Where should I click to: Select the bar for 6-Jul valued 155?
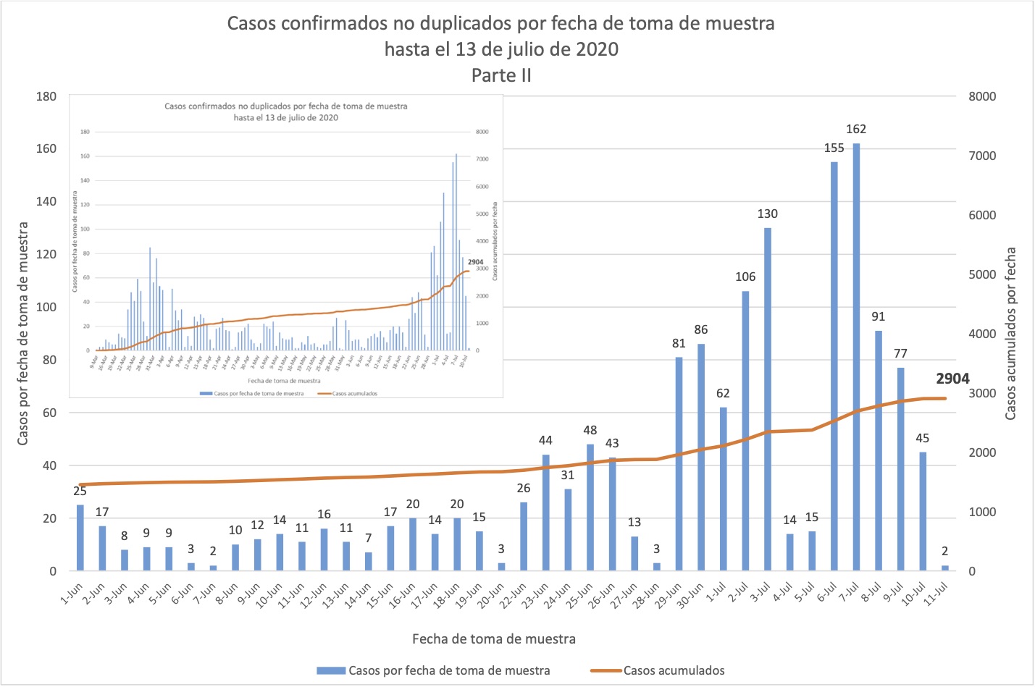tap(834, 366)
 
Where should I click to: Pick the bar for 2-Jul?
tap(745, 431)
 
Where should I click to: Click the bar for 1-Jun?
tap(80, 538)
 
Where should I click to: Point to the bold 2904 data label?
tap(952, 379)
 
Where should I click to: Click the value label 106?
tap(745, 277)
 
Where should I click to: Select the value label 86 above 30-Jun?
tap(701, 329)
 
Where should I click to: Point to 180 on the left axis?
tap(46, 96)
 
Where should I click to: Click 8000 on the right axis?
tap(982, 96)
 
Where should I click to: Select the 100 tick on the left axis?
tap(46, 307)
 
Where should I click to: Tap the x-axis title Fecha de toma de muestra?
tap(494, 638)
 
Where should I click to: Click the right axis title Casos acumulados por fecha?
tap(1011, 333)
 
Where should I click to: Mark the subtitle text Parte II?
tap(501, 75)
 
